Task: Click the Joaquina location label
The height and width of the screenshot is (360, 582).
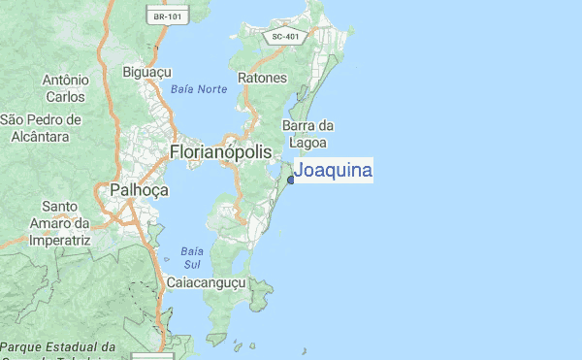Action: [333, 171]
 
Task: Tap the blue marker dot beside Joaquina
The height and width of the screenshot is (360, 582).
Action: [291, 180]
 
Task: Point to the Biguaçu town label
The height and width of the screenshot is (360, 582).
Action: [147, 71]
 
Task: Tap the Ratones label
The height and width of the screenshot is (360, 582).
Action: [263, 78]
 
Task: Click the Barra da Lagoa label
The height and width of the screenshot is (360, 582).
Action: [307, 133]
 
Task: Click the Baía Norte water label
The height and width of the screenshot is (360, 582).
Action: [198, 89]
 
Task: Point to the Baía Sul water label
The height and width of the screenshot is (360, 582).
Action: [191, 257]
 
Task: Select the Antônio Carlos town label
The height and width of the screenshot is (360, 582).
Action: [65, 87]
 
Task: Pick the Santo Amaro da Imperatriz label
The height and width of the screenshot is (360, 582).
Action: [59, 222]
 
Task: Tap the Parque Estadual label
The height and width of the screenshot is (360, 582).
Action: [58, 347]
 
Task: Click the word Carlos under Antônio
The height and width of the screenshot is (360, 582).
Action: [65, 96]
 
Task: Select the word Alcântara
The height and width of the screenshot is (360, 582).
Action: [41, 137]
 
